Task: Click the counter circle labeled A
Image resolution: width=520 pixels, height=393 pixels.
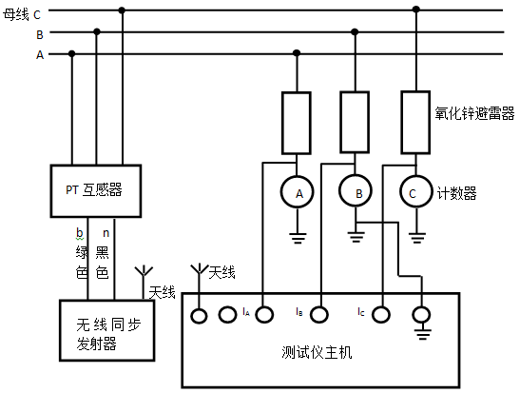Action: [x=299, y=193]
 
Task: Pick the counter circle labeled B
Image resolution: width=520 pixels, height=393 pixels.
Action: [x=358, y=193]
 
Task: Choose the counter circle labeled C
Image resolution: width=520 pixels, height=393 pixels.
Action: [x=414, y=193]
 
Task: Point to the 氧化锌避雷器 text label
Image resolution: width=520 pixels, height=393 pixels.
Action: [x=474, y=112]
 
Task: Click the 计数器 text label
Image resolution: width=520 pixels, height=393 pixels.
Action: [x=456, y=193]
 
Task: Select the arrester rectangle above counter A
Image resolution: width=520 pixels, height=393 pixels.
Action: [x=297, y=122]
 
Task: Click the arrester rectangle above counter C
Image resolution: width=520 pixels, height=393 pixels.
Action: [x=414, y=120]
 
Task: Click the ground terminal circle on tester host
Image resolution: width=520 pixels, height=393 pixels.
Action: [x=421, y=312]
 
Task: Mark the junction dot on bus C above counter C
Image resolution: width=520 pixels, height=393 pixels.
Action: [x=414, y=10]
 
